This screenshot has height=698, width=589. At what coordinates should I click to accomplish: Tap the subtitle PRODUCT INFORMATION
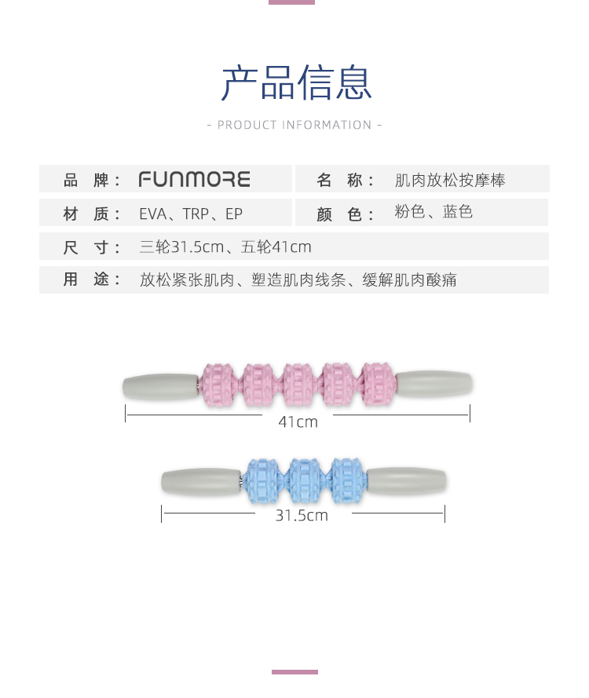pos(294,125)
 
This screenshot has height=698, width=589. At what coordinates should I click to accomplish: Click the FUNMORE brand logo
pos(194,180)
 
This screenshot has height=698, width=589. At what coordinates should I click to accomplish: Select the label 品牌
pos(92,181)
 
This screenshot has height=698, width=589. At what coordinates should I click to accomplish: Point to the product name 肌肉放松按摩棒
pos(450,181)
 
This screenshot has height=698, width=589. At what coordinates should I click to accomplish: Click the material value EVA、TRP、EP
pos(191,214)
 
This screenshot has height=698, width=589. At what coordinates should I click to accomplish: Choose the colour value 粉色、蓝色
pos(434,213)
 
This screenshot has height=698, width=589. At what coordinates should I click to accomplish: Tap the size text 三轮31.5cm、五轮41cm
pos(225,247)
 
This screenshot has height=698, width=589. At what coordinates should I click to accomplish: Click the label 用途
pos(92,280)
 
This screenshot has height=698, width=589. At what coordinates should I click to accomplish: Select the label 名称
pos(346,181)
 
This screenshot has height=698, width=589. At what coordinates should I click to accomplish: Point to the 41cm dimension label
pos(298,422)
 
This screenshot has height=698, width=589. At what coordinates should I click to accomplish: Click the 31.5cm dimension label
pos(302,516)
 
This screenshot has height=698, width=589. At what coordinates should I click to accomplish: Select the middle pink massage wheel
pos(298,385)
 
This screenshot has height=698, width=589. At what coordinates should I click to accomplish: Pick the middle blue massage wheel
pos(303,481)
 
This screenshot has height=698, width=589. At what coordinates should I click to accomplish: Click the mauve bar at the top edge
pos(291,2)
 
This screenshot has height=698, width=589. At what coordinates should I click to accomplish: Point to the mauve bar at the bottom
pos(294,672)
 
